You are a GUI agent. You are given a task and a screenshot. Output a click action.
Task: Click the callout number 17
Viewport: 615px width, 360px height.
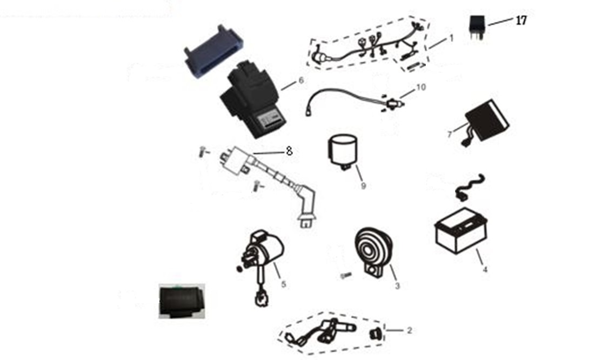click(x=522, y=21)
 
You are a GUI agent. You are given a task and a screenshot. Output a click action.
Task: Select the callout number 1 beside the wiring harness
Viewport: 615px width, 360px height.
click(x=451, y=38)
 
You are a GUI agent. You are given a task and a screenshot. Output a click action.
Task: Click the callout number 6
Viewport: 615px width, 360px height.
click(x=301, y=80)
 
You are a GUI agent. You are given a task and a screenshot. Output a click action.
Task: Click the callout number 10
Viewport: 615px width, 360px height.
click(x=420, y=87)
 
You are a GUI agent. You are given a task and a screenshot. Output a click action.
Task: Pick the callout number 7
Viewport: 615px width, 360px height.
click(x=450, y=135)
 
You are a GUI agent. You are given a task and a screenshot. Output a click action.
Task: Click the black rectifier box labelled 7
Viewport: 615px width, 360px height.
click(x=485, y=122)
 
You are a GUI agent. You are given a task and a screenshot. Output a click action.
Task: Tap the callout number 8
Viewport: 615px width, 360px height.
click(x=289, y=151)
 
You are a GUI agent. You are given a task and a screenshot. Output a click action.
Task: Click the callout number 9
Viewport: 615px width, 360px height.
click(x=363, y=186)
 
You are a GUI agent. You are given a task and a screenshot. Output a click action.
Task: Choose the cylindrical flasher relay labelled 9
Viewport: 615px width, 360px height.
click(x=342, y=152)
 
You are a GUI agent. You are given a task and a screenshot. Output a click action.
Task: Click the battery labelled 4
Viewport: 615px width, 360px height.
click(x=462, y=231)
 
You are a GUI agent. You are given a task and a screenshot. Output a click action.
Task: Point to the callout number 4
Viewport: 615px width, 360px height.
click(x=485, y=269)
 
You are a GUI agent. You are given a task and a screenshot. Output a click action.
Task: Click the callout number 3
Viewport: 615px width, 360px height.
click(x=397, y=286)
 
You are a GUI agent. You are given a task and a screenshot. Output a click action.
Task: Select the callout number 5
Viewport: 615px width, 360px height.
click(x=284, y=284)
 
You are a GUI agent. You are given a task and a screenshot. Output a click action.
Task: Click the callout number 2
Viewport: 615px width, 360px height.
click(x=410, y=331)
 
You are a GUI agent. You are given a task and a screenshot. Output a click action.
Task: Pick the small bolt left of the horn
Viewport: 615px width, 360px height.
click(x=345, y=276)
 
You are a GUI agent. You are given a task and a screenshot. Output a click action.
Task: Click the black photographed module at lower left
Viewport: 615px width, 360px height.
click(x=181, y=301)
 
